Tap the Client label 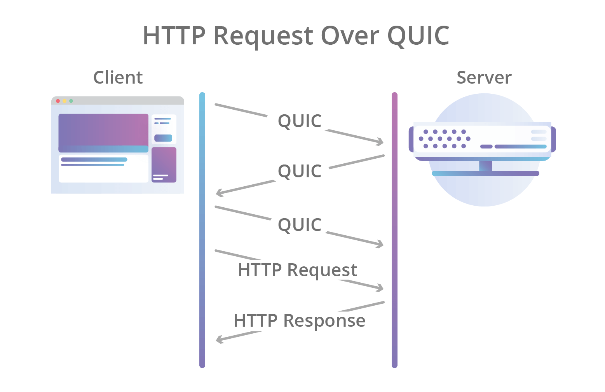click(118, 77)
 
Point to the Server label click(484, 77)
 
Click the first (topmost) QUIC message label click(300, 121)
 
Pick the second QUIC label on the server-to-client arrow click(300, 171)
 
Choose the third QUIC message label click(300, 225)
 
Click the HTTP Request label click(297, 270)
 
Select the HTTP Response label click(299, 320)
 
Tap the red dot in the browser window click(58, 101)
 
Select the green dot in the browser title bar click(71, 101)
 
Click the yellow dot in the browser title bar click(65, 101)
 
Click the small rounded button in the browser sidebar click(163, 138)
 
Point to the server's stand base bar click(485, 173)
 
